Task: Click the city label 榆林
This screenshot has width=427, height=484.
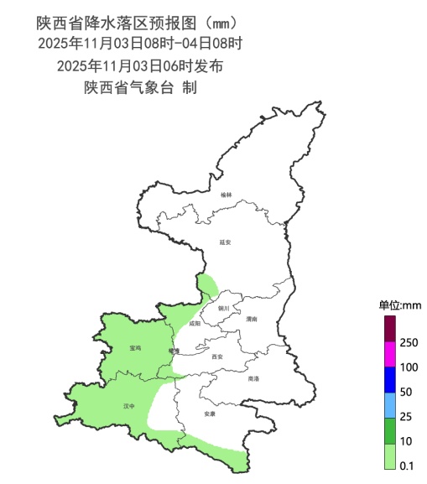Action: click(225, 195)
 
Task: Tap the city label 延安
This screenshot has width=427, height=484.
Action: click(224, 242)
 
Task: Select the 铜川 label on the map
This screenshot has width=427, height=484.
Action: click(223, 308)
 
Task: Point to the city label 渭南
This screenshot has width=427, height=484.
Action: click(251, 320)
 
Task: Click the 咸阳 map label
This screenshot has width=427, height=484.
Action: click(195, 323)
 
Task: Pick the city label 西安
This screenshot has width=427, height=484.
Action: click(217, 356)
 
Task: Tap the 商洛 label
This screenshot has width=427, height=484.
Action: click(253, 378)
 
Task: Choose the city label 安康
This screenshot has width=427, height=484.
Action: click(210, 414)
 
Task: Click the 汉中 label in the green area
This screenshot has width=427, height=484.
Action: click(128, 406)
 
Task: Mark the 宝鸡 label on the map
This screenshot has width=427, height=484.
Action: click(135, 347)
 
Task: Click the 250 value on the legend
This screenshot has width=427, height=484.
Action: click(409, 342)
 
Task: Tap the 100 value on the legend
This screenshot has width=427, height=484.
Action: click(409, 367)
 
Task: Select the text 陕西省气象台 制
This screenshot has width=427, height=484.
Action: click(139, 87)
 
